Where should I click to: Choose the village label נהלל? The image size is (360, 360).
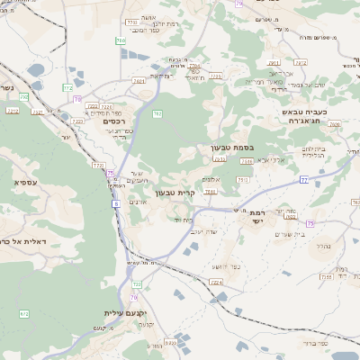pyautogui.click(x=325, y=245)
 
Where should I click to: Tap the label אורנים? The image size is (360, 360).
pyautogui.click(x=139, y=202)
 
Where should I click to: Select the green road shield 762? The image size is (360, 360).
pyautogui.click(x=157, y=113)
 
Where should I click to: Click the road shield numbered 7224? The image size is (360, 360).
pyautogui.click(x=216, y=283)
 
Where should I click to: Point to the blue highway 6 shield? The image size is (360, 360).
pyautogui.click(x=116, y=205)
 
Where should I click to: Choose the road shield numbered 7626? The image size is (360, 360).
pyautogui.click(x=335, y=125)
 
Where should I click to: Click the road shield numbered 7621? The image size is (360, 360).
pyautogui.click(x=139, y=81)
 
